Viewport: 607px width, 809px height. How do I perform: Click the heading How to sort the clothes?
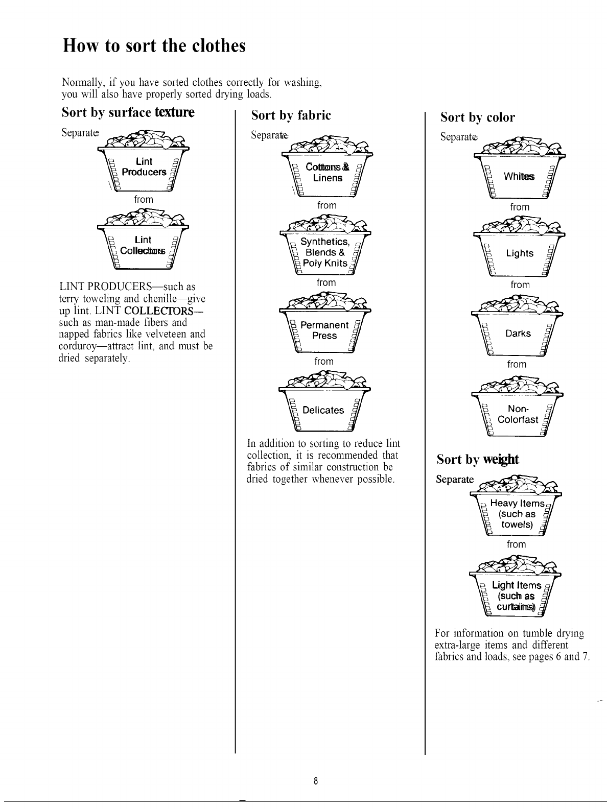click(x=154, y=46)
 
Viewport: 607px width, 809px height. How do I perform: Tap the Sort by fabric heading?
click(x=291, y=115)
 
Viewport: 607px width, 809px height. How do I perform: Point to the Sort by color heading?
click(x=478, y=117)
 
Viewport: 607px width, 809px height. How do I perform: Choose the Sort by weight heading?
click(x=478, y=459)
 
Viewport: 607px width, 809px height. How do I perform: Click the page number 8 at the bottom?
click(x=316, y=781)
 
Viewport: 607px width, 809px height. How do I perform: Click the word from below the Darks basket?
click(x=517, y=364)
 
